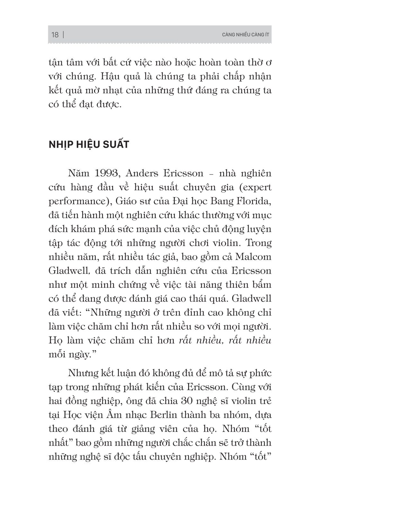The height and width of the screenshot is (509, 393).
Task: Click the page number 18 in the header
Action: pos(55,35)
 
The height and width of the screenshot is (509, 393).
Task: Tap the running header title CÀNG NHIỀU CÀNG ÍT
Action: pos(245,35)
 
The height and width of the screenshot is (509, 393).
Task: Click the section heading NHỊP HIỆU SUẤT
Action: pos(89,145)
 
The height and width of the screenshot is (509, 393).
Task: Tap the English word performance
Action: pos(77,202)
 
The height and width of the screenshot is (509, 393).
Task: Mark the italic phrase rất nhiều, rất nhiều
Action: pos(225,340)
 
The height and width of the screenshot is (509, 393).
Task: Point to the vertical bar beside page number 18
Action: pos(63,35)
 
